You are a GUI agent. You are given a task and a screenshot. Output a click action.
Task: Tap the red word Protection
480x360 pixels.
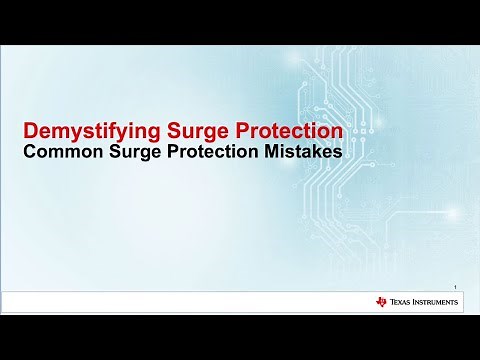287,130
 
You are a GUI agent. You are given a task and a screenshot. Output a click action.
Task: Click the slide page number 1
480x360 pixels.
455,285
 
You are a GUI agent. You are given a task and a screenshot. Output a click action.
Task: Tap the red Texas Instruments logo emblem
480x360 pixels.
381,301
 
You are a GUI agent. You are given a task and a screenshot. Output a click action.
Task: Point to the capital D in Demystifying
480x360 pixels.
30,130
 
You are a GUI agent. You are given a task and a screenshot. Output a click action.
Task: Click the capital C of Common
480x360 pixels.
30,154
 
